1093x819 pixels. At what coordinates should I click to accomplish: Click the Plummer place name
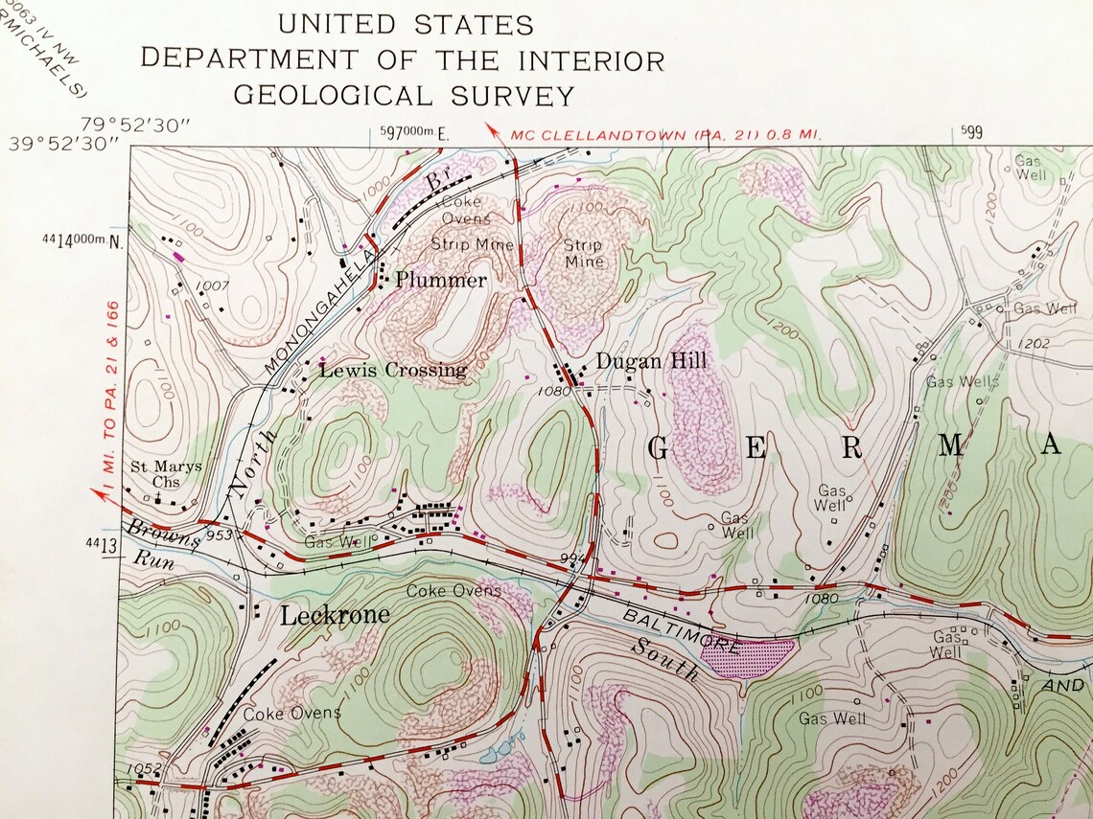click(441, 281)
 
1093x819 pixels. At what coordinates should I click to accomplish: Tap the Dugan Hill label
click(651, 361)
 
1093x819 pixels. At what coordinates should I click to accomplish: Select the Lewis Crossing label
click(393, 370)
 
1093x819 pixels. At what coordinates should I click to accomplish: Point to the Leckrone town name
click(335, 615)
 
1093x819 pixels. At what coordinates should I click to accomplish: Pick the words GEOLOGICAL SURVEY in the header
click(404, 96)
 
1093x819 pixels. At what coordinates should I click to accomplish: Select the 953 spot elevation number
click(219, 535)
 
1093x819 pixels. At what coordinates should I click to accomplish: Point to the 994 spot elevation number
click(572, 557)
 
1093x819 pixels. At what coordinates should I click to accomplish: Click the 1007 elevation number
click(213, 285)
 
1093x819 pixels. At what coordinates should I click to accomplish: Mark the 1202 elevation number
click(1035, 343)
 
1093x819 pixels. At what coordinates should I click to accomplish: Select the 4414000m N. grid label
click(84, 239)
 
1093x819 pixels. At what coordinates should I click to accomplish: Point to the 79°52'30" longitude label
click(136, 124)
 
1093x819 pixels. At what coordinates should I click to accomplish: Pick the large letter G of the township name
click(658, 447)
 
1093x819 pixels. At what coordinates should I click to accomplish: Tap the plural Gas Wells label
click(963, 381)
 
